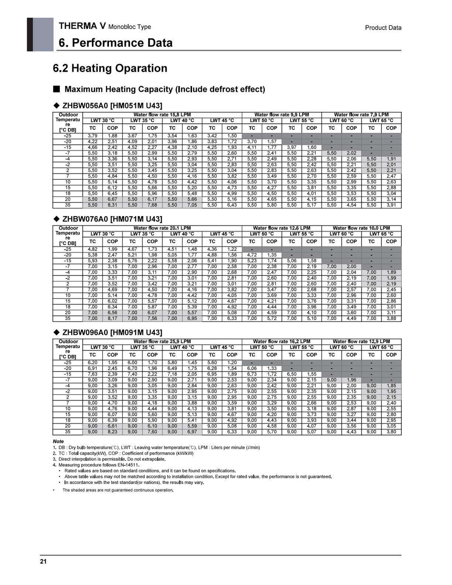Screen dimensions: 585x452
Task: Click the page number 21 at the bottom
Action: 43,562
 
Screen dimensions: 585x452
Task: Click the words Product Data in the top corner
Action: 383,28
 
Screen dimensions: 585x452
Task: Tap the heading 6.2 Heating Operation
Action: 110,68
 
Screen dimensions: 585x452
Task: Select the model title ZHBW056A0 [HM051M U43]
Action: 112,105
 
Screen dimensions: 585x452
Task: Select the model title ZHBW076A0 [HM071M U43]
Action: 112,219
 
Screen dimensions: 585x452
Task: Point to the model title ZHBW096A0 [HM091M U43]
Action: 112,332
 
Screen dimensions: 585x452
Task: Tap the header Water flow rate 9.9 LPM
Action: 281,115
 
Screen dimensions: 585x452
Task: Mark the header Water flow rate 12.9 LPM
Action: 361,341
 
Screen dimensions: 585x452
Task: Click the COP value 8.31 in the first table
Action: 112,205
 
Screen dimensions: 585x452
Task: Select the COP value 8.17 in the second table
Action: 112,318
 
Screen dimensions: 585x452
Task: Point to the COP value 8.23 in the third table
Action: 112,432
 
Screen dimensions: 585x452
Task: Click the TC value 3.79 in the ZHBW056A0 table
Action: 93,136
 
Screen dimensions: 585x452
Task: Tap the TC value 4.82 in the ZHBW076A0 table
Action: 93,249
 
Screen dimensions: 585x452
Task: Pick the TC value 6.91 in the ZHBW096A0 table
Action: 93,368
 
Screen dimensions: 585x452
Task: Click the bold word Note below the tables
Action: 58,441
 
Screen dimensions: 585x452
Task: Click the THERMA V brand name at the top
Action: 82,26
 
